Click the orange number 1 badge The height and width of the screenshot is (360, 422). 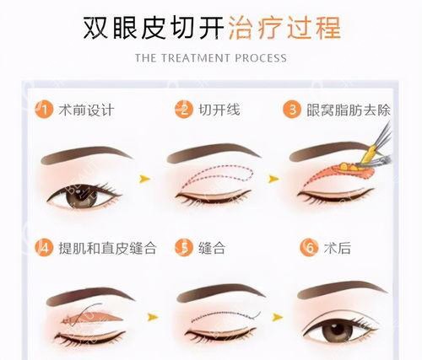point(44,109)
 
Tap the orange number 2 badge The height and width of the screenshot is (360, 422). point(182,109)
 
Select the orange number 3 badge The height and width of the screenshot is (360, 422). point(292,109)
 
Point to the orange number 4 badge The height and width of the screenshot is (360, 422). point(44,248)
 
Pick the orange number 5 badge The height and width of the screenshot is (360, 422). point(182,248)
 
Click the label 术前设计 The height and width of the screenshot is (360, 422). point(86,110)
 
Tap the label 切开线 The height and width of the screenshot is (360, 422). point(218,110)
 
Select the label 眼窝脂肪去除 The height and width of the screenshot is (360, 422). point(352,110)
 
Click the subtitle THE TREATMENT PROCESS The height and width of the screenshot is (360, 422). point(211,58)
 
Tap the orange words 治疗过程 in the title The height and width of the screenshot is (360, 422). point(284,27)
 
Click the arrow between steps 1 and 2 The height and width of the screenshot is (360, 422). point(144,179)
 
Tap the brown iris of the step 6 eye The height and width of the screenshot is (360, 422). point(338,329)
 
